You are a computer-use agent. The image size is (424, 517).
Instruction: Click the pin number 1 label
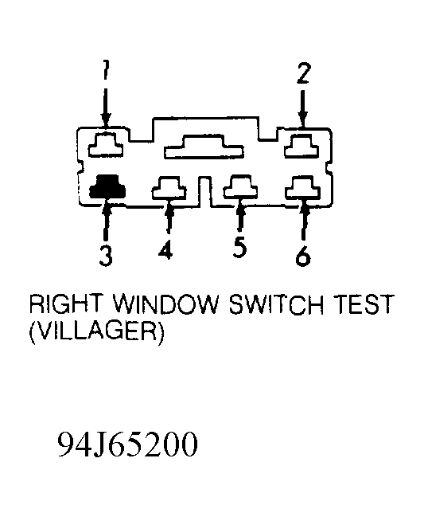(105, 70)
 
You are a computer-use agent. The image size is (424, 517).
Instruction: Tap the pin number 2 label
(303, 73)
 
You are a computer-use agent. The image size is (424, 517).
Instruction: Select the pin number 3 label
(106, 256)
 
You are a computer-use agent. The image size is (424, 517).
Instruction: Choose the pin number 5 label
(239, 247)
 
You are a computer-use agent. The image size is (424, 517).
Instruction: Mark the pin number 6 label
(303, 256)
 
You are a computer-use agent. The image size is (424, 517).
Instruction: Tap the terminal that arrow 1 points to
(105, 144)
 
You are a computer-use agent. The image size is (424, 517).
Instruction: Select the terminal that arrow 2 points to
(301, 146)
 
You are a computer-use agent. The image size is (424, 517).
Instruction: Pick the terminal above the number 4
(169, 188)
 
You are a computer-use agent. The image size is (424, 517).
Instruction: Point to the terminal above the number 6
(302, 188)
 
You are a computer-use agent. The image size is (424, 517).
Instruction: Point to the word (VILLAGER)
(97, 332)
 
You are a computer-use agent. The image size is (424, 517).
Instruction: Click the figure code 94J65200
(128, 445)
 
